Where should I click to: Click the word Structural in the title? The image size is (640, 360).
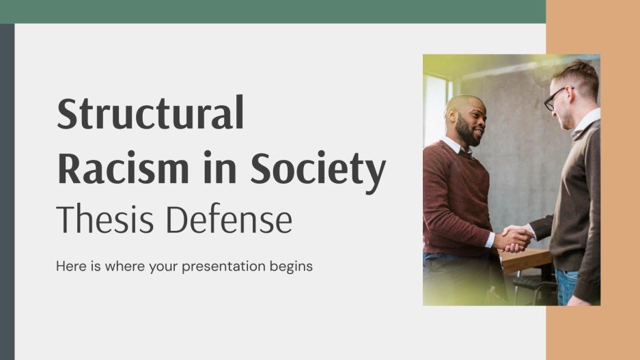(150, 115)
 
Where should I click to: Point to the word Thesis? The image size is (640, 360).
(107, 220)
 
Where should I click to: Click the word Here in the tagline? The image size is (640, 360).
(70, 266)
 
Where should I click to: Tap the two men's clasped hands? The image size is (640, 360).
(515, 238)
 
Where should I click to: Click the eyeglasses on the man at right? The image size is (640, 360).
(555, 98)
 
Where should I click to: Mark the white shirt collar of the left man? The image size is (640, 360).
(453, 146)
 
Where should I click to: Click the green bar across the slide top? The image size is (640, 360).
(273, 11)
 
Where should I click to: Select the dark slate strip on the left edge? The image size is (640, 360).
(7, 191)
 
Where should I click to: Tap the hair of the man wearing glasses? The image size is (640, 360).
(577, 74)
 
